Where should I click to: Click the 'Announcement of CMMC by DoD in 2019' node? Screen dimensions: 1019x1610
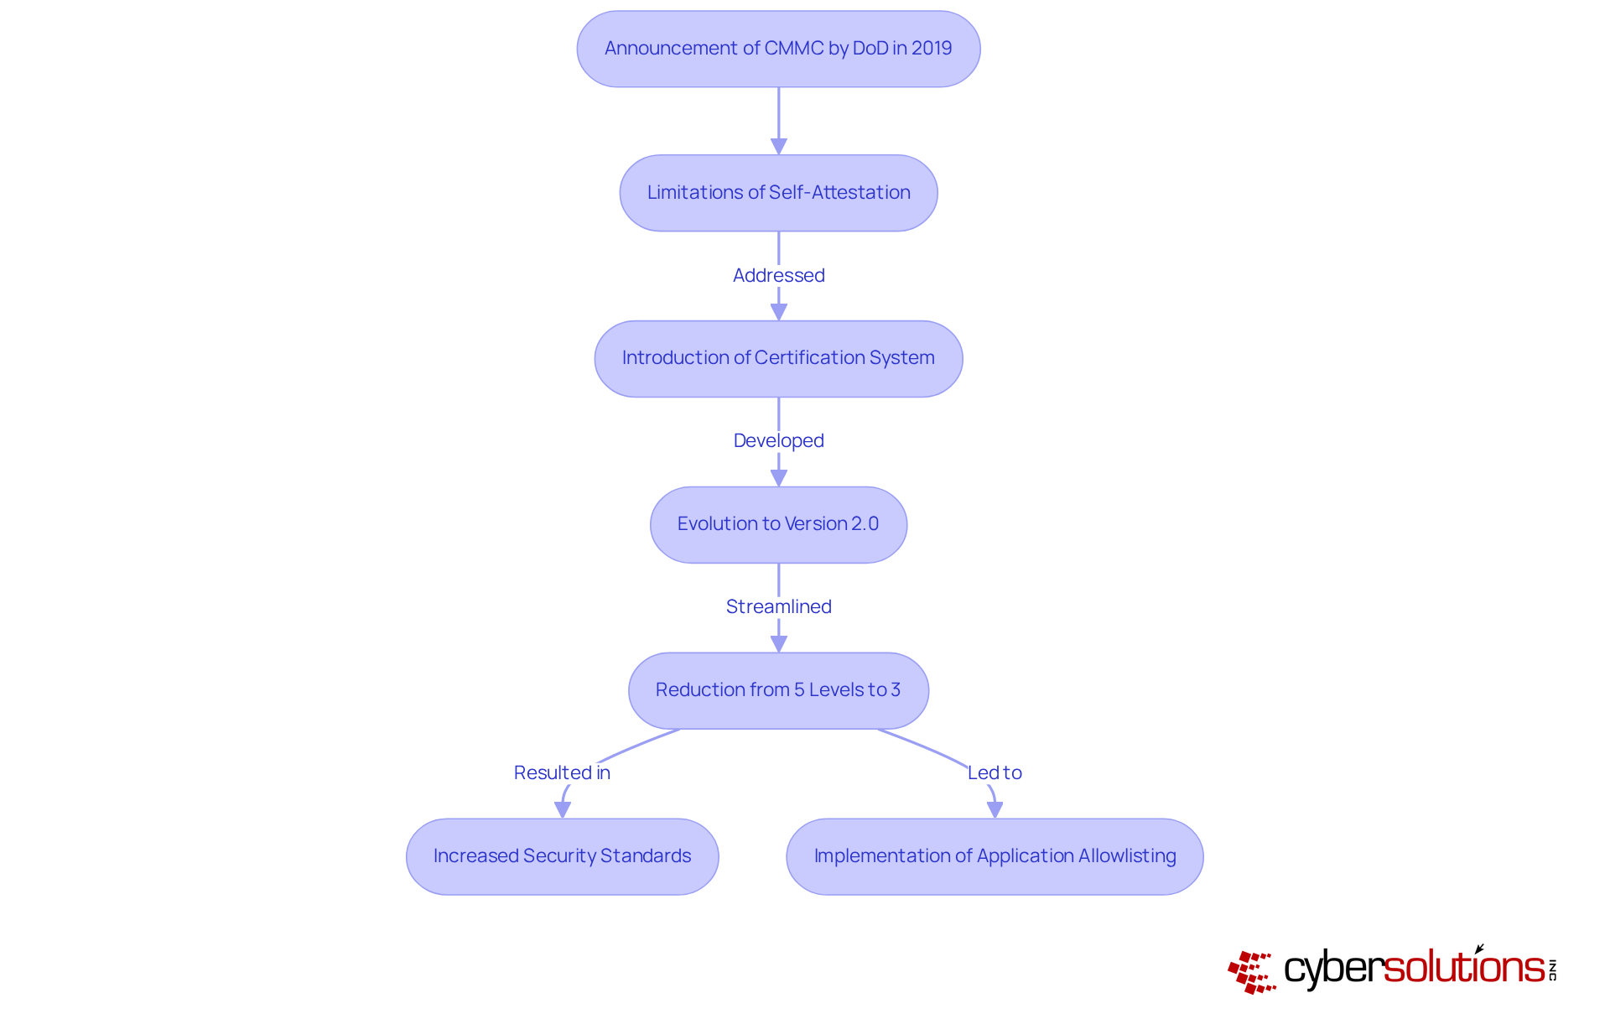pos(778,49)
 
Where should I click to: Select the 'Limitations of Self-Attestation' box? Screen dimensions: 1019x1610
pos(778,193)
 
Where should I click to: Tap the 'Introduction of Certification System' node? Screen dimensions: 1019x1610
pos(778,358)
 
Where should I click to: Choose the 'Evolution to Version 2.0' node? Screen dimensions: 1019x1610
pos(778,524)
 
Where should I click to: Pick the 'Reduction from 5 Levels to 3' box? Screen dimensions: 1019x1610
pos(778,690)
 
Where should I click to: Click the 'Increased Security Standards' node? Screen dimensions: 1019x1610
pos(562,856)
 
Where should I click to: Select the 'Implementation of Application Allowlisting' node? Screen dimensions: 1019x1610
pos(995,856)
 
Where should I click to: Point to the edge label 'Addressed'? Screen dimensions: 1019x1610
pos(778,275)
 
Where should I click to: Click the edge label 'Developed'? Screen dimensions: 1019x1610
pos(778,440)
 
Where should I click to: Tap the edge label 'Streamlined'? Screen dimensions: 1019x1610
pos(778,606)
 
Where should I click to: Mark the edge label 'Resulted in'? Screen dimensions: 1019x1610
pos(562,772)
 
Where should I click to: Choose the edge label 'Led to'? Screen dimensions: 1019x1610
pos(995,772)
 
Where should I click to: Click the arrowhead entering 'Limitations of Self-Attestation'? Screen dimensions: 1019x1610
pos(778,147)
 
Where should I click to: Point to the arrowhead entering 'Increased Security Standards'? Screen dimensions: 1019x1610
pos(563,809)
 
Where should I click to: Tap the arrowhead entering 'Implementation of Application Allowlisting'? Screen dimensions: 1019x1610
pos(995,809)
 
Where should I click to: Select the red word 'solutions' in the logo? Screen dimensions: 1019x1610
pos(1464,968)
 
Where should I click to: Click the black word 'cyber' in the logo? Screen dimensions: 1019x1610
pos(1332,969)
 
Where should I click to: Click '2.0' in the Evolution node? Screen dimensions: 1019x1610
pos(865,524)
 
